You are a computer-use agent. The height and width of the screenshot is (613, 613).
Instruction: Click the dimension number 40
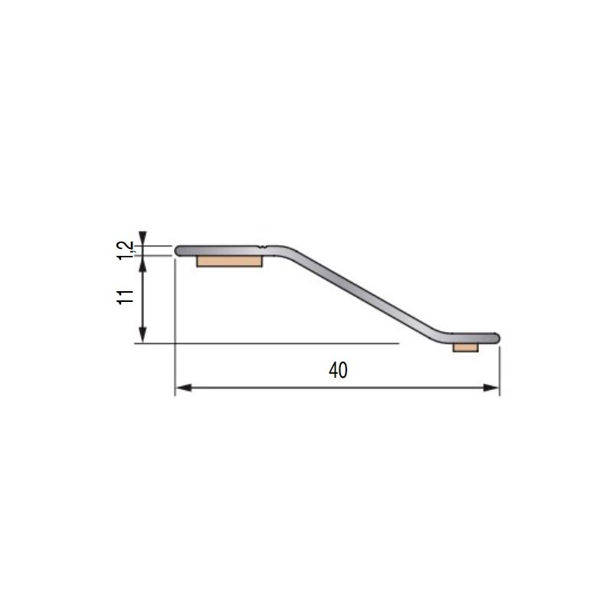point(338,370)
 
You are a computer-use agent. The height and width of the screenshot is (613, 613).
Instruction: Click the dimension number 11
point(126,297)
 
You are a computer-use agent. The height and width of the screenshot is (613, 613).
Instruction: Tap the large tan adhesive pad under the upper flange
point(229,261)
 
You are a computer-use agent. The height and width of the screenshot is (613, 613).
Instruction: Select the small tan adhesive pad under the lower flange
point(465,347)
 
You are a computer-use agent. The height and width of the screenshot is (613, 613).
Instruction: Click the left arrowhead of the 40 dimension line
point(182,388)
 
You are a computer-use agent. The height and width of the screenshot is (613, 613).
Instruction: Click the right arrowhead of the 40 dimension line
point(493,388)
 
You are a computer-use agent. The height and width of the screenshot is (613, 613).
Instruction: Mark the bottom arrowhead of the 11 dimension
point(142,338)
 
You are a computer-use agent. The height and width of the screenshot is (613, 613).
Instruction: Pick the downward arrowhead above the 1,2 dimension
point(142,238)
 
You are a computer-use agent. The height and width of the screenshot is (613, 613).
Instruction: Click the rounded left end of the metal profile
point(179,251)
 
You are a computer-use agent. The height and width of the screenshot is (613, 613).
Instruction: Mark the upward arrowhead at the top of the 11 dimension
point(142,261)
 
